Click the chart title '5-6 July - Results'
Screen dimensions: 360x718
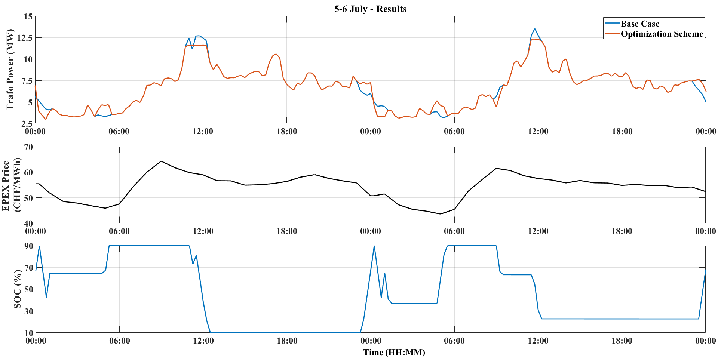[x=370, y=9]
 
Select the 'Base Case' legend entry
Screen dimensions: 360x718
[x=640, y=24]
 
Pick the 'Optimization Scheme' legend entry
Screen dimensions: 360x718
[x=662, y=34]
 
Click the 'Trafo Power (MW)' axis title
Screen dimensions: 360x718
[x=10, y=70]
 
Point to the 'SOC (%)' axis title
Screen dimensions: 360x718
[x=18, y=289]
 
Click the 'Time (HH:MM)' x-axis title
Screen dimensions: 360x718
[x=394, y=352]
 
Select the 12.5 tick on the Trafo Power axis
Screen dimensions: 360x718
[x=24, y=38]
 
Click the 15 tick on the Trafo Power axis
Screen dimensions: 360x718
[x=28, y=16]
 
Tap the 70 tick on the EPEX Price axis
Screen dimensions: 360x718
[x=28, y=147]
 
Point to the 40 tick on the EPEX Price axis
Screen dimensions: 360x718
[x=28, y=223]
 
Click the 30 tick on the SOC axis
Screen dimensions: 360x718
[x=28, y=311]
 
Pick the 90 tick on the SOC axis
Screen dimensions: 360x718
[x=28, y=246]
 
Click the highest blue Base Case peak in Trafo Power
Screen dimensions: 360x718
[x=535, y=29]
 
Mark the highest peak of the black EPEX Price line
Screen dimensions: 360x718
[x=161, y=161]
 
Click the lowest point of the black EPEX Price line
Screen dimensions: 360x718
[x=441, y=214]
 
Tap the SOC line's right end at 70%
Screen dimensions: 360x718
[x=705, y=270]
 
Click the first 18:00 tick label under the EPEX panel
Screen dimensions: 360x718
[x=287, y=231]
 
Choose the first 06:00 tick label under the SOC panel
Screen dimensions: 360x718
[x=119, y=341]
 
